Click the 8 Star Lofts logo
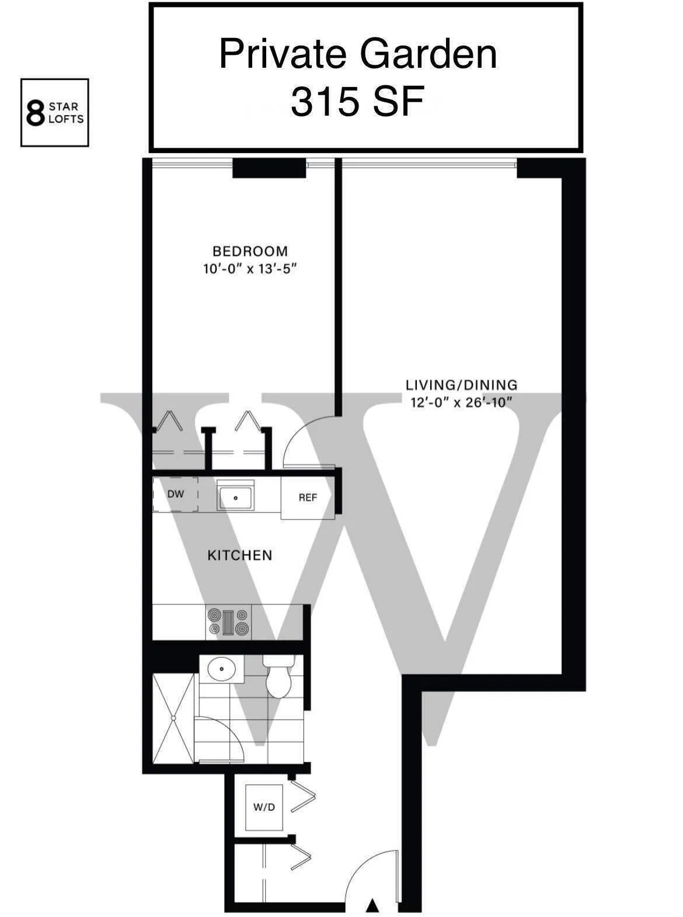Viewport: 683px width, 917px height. pos(54,113)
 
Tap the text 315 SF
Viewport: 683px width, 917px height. pos(357,102)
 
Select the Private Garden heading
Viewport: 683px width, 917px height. pos(358,54)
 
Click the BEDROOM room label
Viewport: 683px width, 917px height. pos(250,251)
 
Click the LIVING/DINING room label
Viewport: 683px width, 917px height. pos(461,385)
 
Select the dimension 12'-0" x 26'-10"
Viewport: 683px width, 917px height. pos(461,402)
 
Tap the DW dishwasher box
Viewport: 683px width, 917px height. pos(175,494)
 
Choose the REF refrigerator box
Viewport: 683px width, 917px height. pos(308,498)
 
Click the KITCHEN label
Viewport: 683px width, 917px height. pos(240,555)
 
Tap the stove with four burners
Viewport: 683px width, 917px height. pos(228,622)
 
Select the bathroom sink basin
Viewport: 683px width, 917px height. pos(221,668)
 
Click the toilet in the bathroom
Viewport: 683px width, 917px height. pos(278,679)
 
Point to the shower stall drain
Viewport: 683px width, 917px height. pos(173,718)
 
